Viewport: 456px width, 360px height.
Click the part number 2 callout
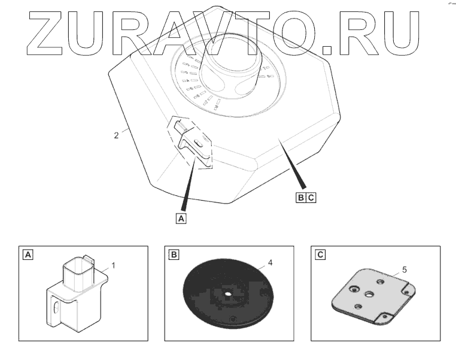tap(115, 135)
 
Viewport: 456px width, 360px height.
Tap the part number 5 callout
tap(404, 270)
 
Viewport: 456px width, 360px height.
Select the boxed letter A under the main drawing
tap(181, 218)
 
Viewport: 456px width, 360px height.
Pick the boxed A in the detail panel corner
tap(27, 254)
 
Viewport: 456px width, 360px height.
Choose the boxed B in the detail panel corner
tap(174, 254)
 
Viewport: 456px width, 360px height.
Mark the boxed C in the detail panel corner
tap(320, 254)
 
